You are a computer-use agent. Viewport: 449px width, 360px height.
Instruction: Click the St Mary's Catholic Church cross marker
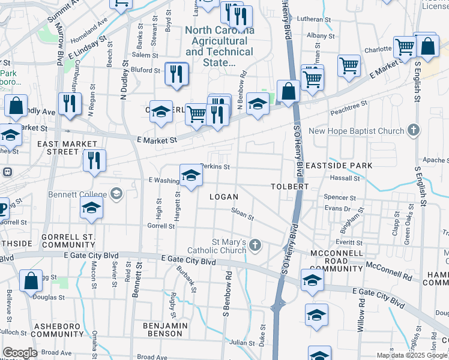click(255, 245)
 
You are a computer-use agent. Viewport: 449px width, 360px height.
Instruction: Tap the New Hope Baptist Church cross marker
click(413, 130)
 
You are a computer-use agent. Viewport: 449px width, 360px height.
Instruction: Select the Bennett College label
click(82, 194)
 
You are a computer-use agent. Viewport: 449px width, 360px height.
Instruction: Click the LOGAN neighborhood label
click(223, 197)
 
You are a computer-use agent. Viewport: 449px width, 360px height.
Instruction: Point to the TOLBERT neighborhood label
click(290, 187)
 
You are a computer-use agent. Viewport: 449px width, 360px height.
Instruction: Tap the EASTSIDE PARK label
click(338, 165)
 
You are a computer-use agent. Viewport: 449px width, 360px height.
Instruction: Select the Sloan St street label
click(243, 213)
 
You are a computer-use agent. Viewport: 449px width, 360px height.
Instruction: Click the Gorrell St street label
click(161, 226)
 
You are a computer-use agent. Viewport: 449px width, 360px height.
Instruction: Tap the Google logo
click(20, 353)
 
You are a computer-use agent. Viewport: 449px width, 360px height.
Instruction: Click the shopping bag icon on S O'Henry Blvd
click(288, 92)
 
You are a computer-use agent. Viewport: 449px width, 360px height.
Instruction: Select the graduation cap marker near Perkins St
click(191, 176)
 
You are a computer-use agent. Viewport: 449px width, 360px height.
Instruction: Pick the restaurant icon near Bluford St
click(176, 74)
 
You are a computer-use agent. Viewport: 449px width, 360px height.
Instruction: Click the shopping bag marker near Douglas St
click(31, 281)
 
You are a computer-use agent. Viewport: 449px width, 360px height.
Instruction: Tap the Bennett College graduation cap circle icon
click(116, 194)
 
